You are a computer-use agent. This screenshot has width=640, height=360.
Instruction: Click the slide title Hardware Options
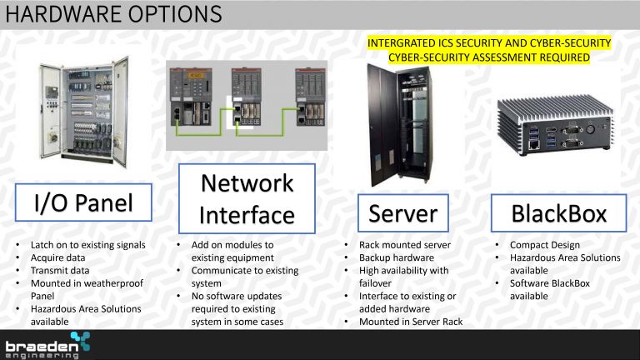click(x=113, y=14)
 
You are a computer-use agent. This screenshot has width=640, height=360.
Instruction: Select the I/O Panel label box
click(x=83, y=202)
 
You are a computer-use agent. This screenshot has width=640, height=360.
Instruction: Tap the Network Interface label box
click(x=247, y=199)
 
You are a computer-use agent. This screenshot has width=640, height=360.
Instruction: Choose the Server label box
click(x=402, y=213)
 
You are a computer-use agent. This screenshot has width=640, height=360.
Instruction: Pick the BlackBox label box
click(x=559, y=213)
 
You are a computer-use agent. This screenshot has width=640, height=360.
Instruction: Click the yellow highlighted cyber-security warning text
click(x=489, y=50)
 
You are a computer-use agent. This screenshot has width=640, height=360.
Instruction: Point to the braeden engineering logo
click(x=47, y=345)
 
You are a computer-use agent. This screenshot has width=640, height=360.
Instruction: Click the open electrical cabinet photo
click(x=84, y=112)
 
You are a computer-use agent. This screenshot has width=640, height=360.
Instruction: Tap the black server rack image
click(x=400, y=125)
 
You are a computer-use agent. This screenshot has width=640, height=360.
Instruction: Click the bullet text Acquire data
click(x=58, y=257)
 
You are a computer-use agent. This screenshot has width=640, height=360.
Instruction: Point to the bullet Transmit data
click(x=60, y=270)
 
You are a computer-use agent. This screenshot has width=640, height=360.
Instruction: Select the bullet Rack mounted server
click(x=405, y=245)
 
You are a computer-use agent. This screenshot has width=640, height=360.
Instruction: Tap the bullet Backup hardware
click(x=397, y=257)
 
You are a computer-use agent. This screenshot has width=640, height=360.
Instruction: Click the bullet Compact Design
click(x=545, y=245)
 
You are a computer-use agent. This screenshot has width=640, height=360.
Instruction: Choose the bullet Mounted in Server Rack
click(x=411, y=322)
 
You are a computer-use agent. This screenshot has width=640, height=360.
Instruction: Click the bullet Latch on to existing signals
click(x=87, y=245)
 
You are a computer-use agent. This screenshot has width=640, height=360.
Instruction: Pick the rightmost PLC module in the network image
click(x=310, y=97)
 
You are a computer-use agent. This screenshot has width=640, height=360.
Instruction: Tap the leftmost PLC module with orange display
click(x=191, y=97)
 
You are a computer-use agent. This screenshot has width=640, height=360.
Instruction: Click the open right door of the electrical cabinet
click(x=121, y=112)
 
